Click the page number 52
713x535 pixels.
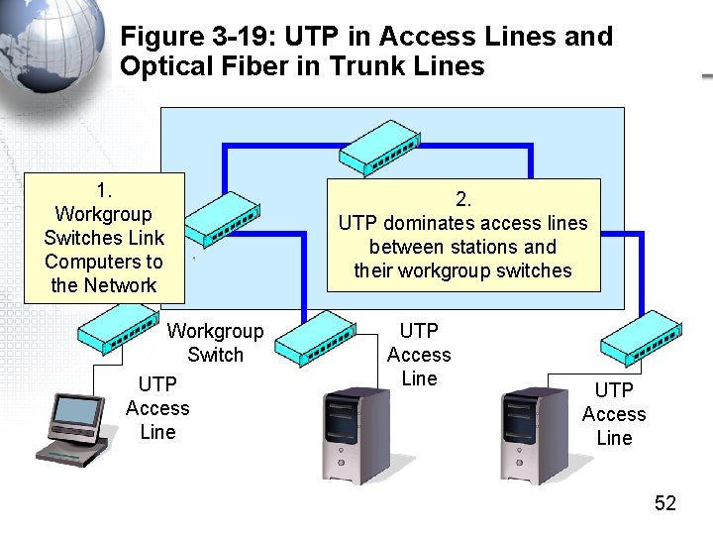pos(664,503)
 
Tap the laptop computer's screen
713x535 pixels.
pos(77,411)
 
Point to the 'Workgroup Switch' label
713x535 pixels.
pos(215,343)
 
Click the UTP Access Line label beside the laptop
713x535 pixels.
pos(157,408)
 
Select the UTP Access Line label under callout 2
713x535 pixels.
pos(418,354)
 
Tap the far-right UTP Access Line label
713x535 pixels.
pos(613,414)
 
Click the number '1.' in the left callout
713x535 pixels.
pos(104,190)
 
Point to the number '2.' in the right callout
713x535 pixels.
pos(463,199)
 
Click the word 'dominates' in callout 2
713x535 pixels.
pos(429,223)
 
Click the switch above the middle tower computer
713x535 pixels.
pos(320,338)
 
